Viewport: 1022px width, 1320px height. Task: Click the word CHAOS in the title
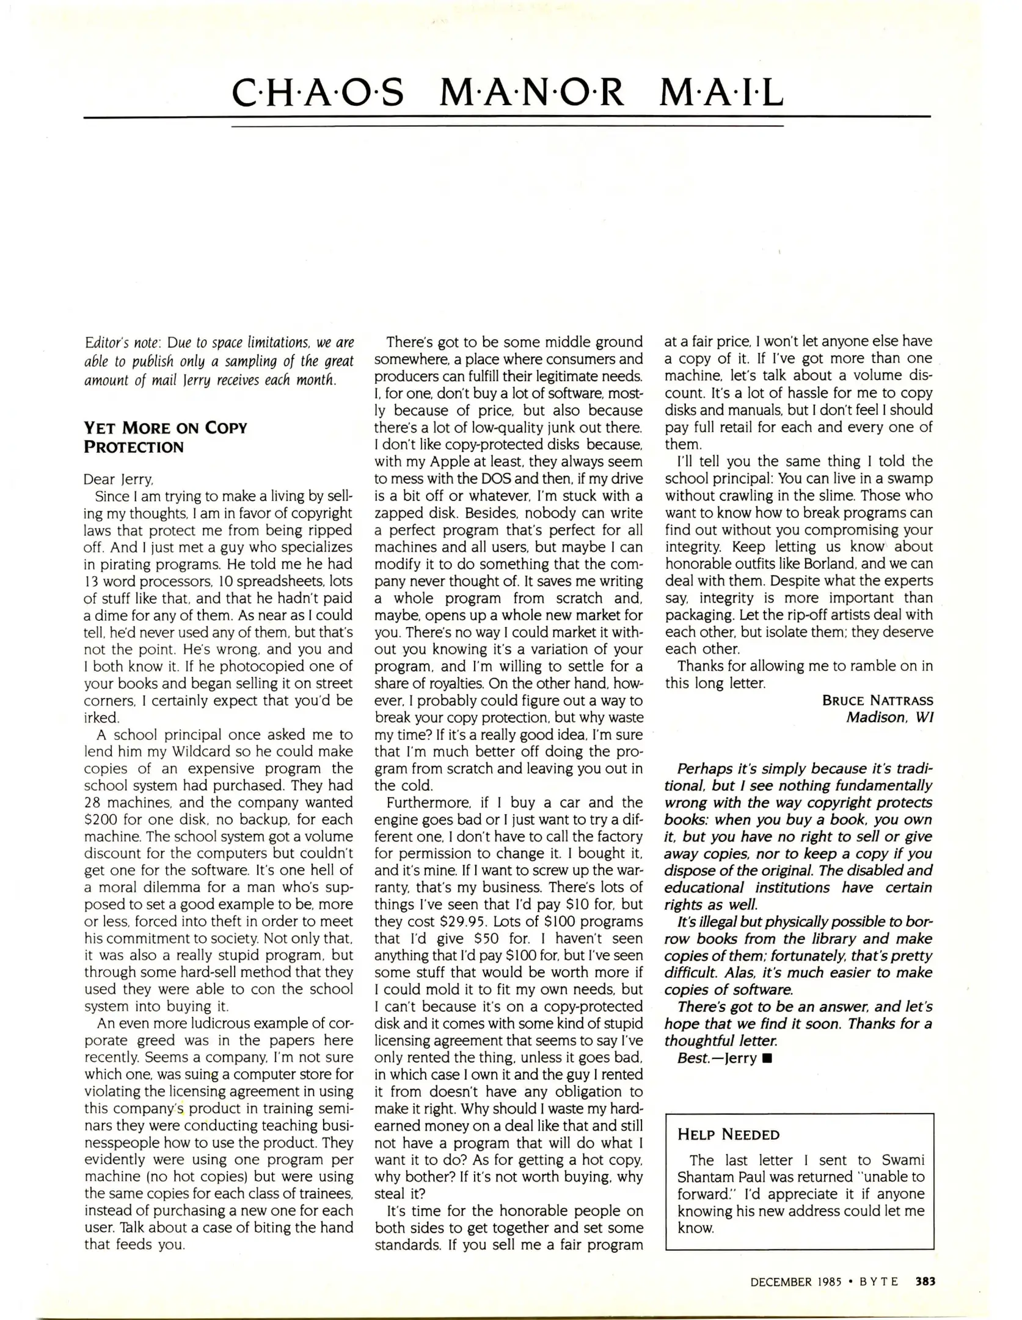[x=318, y=94]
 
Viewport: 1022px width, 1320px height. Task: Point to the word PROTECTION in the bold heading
[x=133, y=447]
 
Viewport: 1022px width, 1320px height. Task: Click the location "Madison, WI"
[x=889, y=717]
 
